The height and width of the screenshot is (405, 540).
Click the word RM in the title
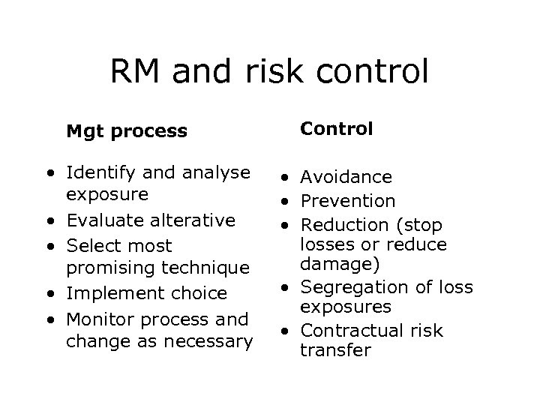[138, 73]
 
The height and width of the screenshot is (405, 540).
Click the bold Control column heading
[336, 128]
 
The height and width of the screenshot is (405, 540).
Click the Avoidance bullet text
[346, 177]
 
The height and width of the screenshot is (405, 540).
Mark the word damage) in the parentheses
[337, 264]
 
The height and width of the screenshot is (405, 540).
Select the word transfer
[335, 349]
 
